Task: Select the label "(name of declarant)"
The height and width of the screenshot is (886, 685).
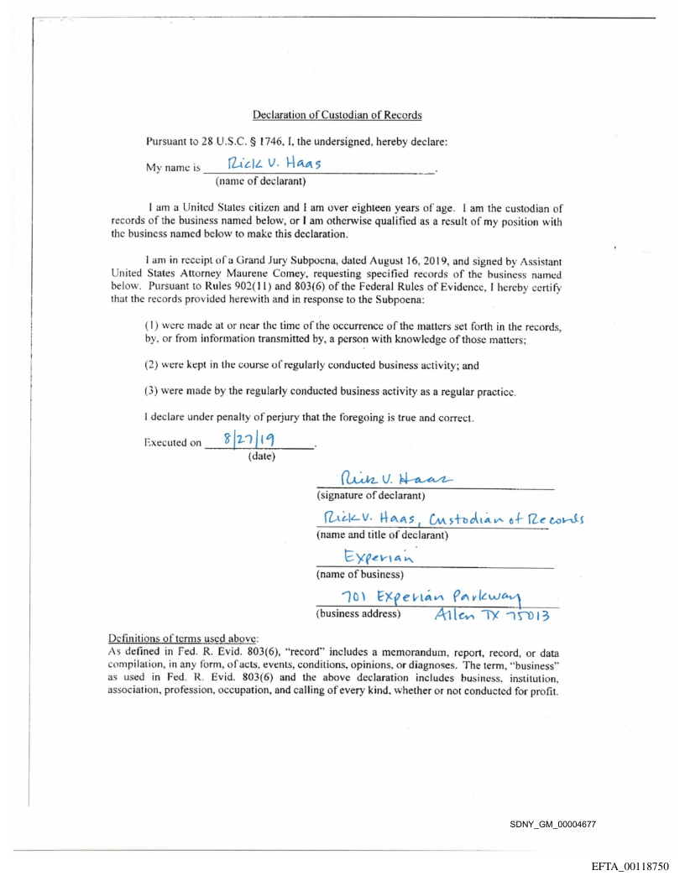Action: coord(259,181)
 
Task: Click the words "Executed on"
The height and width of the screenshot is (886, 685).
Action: coord(172,444)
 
